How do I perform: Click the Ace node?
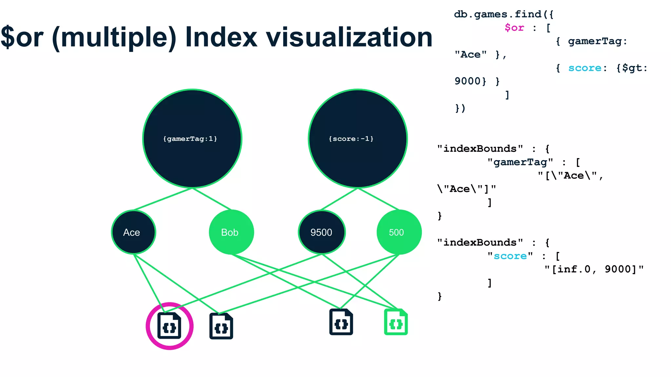[133, 232]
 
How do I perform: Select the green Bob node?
[231, 232]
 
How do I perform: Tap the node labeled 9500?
[321, 232]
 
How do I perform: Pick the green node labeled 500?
[399, 232]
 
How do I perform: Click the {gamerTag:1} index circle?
[192, 139]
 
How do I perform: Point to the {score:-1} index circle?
[358, 139]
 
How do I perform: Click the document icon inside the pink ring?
[169, 326]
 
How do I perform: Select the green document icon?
[396, 322]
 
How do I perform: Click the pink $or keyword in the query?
[514, 28]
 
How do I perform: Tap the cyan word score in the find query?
[585, 68]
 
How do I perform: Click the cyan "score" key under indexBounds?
[510, 256]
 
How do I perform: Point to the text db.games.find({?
[503, 14]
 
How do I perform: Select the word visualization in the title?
[349, 37]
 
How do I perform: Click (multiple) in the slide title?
[114, 38]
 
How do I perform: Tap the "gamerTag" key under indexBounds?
[520, 162]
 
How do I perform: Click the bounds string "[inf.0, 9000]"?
[594, 269]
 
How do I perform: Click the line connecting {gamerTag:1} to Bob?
[212, 199]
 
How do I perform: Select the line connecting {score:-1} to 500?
[378, 199]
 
